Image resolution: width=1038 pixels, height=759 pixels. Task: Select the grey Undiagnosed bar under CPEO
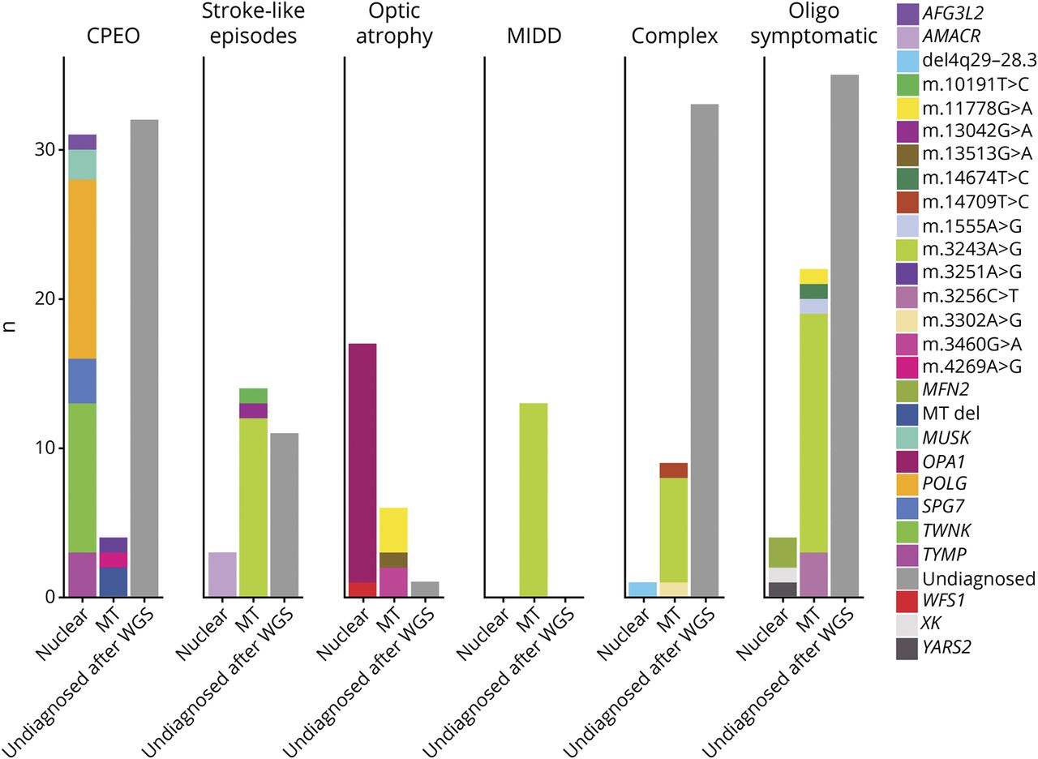144,357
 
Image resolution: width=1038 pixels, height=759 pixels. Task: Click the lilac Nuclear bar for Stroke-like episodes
222,574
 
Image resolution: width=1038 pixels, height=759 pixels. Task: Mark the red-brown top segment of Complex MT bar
673,470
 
